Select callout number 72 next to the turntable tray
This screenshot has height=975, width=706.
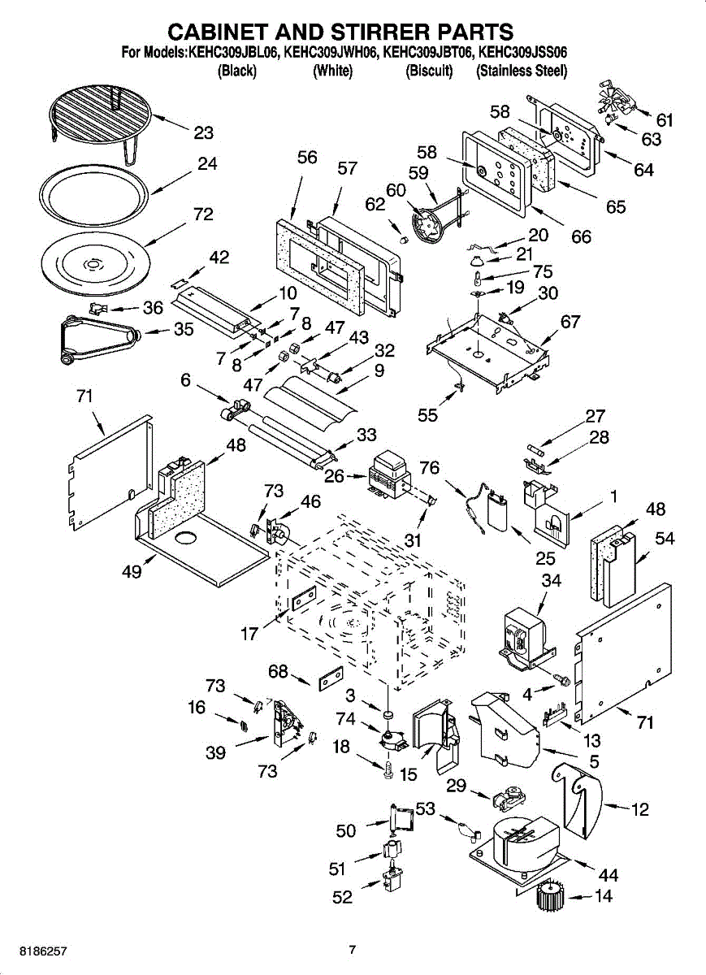pyautogui.click(x=203, y=214)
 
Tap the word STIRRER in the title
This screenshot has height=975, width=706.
pyautogui.click(x=379, y=32)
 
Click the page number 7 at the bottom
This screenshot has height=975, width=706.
pyautogui.click(x=352, y=949)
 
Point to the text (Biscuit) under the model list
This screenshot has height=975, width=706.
pyautogui.click(x=429, y=71)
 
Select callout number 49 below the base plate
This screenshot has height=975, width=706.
pyautogui.click(x=132, y=571)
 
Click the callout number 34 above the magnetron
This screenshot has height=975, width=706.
pyautogui.click(x=551, y=581)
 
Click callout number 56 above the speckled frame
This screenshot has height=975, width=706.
pyautogui.click(x=307, y=158)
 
